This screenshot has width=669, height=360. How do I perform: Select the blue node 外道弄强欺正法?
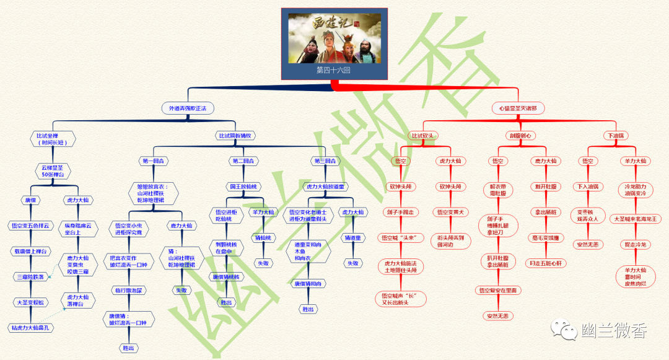[188, 108]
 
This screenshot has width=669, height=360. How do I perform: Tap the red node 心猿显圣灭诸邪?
[518, 108]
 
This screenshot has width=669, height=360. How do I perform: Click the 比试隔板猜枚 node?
[237, 136]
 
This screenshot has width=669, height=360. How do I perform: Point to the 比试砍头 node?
[424, 136]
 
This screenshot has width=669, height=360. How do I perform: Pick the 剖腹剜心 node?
[520, 136]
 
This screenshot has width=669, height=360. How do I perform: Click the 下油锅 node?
[615, 136]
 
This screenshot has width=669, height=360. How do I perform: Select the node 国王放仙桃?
[243, 186]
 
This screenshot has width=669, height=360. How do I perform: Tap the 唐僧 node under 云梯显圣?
[30, 200]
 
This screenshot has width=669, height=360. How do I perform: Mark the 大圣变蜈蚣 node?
[29, 302]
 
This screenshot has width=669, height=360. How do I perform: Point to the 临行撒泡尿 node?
[128, 290]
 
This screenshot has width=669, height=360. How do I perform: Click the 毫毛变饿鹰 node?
[546, 237]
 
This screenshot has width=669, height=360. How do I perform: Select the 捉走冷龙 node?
[636, 244]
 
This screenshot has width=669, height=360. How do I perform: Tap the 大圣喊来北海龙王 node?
[636, 219]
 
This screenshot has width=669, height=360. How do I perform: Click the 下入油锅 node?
[588, 186]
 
